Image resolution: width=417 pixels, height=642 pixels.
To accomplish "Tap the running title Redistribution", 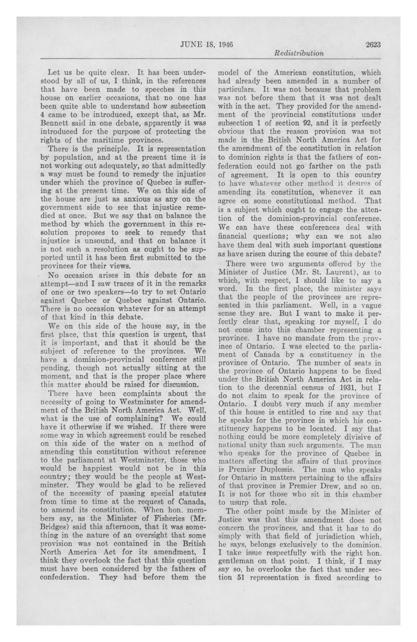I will (299, 53).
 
